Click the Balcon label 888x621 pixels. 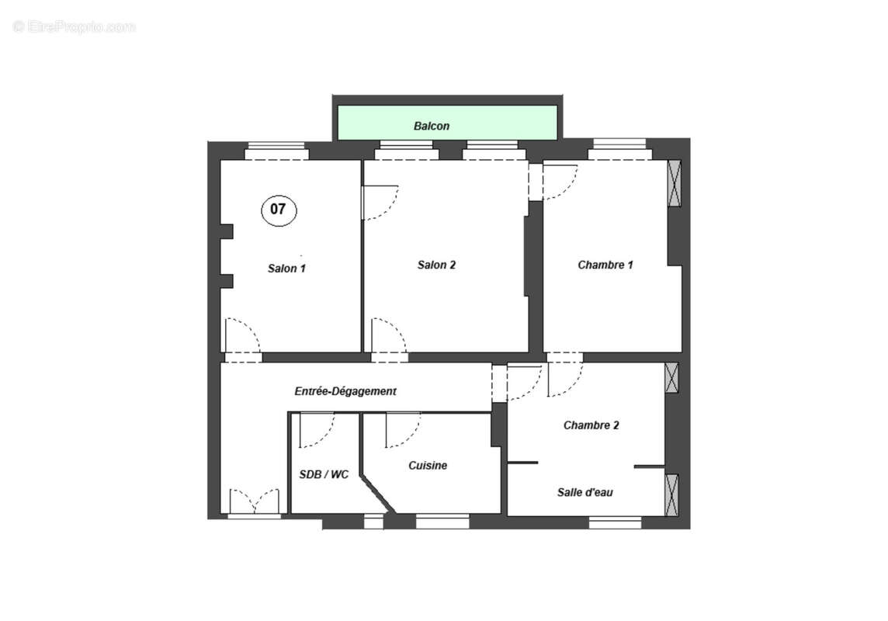point(432,126)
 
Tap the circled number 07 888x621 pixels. point(278,209)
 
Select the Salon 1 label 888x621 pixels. point(286,269)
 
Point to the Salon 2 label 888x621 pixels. point(436,265)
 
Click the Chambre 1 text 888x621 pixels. point(605,265)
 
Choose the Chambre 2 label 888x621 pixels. point(591,425)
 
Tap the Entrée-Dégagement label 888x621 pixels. point(345,391)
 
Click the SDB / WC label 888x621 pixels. point(324,474)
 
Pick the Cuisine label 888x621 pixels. point(428,466)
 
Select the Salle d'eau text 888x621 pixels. point(585,492)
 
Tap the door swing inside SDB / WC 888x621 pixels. point(316,430)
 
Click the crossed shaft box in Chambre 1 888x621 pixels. point(674,183)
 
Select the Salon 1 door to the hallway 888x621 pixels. point(241,338)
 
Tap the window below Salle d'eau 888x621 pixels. point(615,523)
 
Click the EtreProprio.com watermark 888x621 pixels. point(75,27)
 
